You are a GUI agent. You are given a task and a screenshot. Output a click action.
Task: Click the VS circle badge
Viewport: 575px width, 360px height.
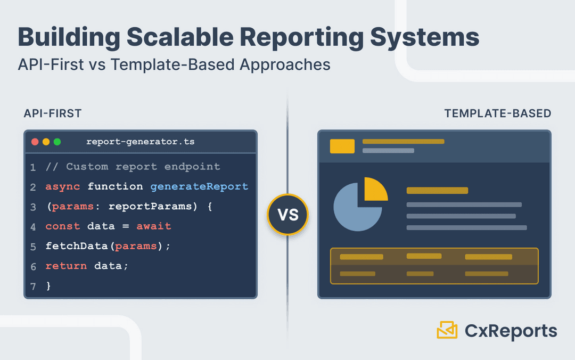pos(287,215)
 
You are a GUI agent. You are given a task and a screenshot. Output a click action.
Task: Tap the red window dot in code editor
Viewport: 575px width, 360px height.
pos(35,142)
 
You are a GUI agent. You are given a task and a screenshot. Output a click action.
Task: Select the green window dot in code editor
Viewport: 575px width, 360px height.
pos(57,142)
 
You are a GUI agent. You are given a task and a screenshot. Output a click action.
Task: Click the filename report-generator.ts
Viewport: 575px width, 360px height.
pos(140,142)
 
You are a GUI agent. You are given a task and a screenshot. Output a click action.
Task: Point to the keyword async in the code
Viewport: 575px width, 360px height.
pos(62,186)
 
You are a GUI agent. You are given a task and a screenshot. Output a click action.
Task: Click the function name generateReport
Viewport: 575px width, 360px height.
pos(199,186)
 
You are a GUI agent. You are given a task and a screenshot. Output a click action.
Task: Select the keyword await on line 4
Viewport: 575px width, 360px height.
pos(154,226)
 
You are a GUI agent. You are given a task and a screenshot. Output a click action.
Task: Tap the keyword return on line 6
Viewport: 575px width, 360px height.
pos(65,266)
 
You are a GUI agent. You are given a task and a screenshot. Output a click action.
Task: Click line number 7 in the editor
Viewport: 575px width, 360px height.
pos(33,287)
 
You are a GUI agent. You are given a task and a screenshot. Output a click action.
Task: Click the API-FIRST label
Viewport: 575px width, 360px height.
pos(52,113)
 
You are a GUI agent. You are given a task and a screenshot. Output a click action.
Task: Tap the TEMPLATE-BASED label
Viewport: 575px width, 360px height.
pos(497,113)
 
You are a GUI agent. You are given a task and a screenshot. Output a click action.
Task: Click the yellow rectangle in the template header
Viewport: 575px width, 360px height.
pos(342,146)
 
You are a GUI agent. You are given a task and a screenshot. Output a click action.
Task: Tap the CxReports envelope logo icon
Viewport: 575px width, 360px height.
pos(447,330)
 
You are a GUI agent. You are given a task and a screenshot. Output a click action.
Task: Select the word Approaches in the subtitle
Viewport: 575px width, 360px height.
pos(285,64)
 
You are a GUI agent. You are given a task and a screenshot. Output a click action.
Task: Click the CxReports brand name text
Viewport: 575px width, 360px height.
pos(511,331)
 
